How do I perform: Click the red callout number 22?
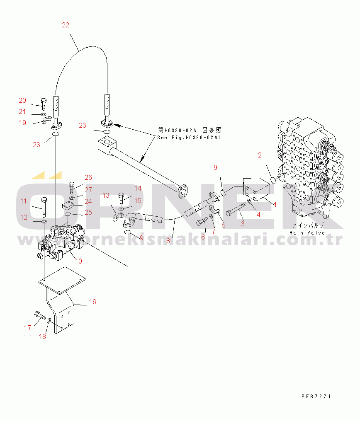coord(66,25)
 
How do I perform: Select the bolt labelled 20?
coord(44,104)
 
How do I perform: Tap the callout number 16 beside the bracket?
coord(92,302)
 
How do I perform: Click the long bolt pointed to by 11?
coord(44,207)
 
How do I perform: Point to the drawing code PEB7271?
coord(316,396)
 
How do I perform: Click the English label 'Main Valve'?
coord(307,233)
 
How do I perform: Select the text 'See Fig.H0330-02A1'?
coord(189,138)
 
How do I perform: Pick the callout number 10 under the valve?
coord(78,261)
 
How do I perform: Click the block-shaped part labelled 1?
coord(256,189)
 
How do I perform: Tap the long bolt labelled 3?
coord(236,208)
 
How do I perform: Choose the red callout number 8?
coord(168,241)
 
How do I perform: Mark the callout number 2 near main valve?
coord(260,155)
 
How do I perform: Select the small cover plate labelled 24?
coord(68,206)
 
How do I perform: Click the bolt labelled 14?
coord(122,199)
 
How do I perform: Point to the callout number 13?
coord(106,195)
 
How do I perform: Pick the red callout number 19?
coord(22,123)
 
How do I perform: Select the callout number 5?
coord(224,225)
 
